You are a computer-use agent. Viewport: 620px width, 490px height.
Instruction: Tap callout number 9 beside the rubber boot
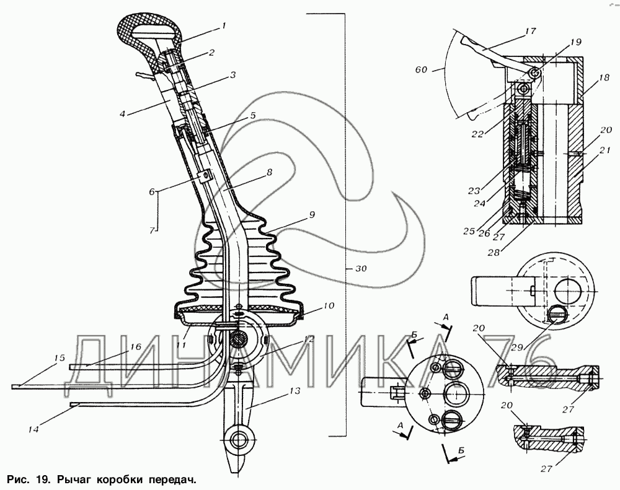tap(311, 215)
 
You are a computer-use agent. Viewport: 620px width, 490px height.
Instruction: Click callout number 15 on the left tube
tap(60, 359)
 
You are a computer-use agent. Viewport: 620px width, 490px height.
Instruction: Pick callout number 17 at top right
tap(529, 30)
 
